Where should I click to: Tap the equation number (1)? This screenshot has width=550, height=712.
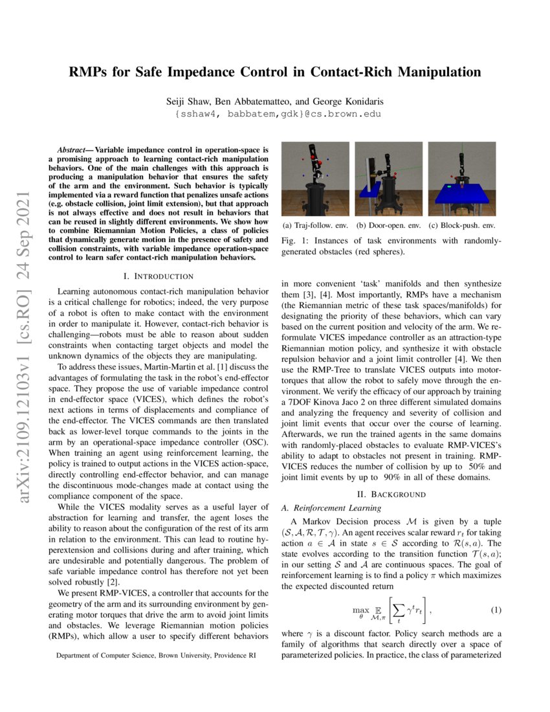[496, 611]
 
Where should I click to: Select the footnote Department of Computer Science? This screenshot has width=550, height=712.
[155, 656]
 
